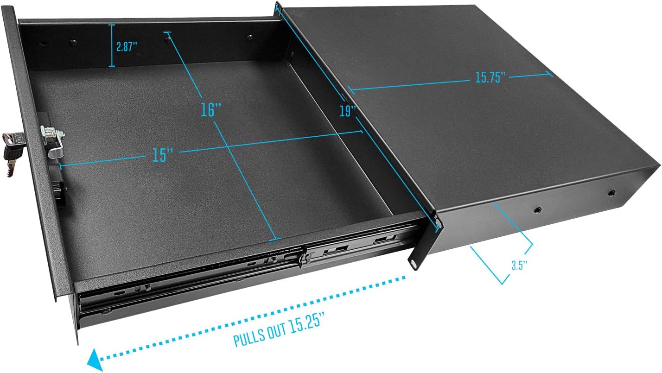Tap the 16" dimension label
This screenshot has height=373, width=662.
point(211,109)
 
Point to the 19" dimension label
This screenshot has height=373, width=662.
point(347,111)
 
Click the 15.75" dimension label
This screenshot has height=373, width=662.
point(490,77)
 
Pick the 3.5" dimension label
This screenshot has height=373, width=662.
point(519,266)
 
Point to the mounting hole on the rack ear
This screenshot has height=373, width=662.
point(413,262)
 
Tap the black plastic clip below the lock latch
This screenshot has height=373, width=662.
point(59,195)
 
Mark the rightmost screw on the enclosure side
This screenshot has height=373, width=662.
point(611,192)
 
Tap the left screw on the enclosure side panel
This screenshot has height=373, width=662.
point(538,210)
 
